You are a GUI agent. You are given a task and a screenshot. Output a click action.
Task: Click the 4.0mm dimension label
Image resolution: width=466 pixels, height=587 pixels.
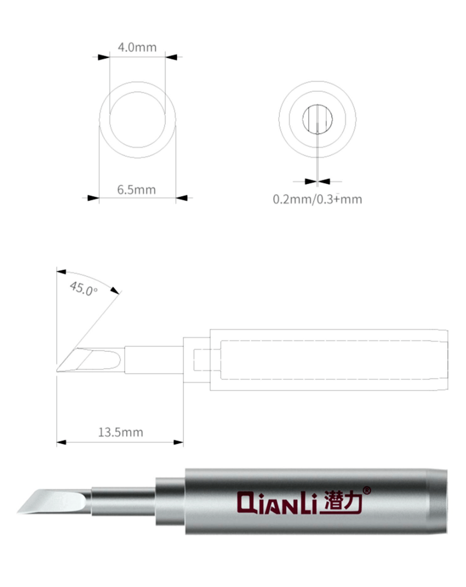(137, 47)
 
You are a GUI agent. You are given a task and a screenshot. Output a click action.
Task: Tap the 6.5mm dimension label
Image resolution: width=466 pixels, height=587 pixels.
(136, 190)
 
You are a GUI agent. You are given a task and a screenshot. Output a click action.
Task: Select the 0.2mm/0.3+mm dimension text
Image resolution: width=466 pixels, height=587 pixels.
(317, 200)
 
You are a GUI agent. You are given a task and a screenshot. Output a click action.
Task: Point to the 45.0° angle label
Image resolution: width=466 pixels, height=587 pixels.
(84, 289)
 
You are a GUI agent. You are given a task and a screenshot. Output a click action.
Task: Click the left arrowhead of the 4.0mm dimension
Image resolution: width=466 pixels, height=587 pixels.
(104, 57)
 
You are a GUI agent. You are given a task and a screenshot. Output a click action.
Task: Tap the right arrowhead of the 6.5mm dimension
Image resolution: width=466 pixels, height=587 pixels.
(181, 198)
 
